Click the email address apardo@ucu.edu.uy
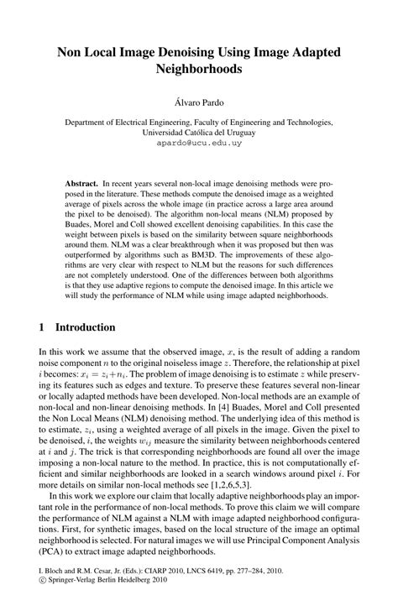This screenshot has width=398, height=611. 199,144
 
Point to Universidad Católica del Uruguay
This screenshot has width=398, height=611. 199,132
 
